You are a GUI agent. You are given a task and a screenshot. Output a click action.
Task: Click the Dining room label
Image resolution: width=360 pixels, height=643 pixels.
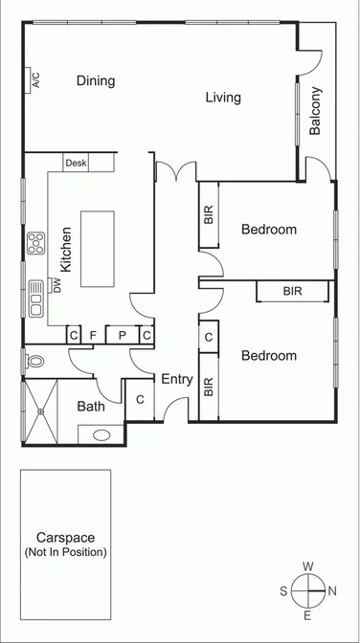coord(96,81)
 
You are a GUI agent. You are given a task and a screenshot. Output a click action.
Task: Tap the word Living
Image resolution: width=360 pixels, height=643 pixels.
coord(223,98)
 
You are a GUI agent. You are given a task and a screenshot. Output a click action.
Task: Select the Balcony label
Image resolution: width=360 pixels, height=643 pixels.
coord(316,111)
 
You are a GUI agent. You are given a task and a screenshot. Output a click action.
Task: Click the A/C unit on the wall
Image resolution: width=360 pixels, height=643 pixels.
coord(34,79)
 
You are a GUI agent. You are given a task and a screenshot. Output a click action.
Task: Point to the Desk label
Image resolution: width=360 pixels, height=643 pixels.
coord(76,164)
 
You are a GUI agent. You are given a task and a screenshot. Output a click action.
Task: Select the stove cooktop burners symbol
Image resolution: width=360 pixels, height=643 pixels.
coord(37,241)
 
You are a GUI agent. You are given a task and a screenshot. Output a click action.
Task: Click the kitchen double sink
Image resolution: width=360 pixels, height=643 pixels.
coord(36,297)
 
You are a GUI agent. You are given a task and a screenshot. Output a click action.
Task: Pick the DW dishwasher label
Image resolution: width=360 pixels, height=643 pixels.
coord(56,284)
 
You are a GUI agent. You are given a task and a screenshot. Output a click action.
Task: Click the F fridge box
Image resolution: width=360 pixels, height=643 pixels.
coord(93,335)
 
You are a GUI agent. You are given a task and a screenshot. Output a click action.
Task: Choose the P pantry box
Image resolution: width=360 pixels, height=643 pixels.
coord(123,335)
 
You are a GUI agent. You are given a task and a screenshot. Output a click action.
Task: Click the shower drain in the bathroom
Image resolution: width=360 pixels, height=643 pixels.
coord(41,412)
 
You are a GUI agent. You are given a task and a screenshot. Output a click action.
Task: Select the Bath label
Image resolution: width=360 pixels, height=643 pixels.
coord(91,407)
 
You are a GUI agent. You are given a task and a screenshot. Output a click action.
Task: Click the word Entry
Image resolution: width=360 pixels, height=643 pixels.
coord(176,380)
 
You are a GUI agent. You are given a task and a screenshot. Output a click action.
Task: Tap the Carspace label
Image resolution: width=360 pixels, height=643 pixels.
coord(65,538)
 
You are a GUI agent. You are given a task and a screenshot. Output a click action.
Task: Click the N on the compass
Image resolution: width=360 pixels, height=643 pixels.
coord(331,590)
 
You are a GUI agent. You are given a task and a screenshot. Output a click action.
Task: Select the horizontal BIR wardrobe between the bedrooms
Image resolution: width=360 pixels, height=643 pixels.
coord(292,291)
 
